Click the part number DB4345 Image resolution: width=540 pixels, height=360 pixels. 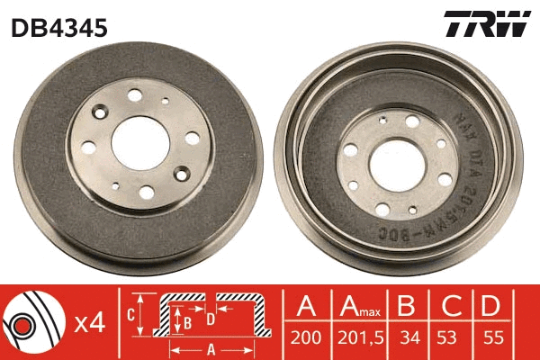click(x=59, y=28)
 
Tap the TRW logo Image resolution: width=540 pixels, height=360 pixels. click(x=487, y=25)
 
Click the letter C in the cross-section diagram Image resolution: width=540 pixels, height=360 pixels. click(x=130, y=315)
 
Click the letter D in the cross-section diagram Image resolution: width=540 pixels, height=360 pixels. click(x=211, y=319)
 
